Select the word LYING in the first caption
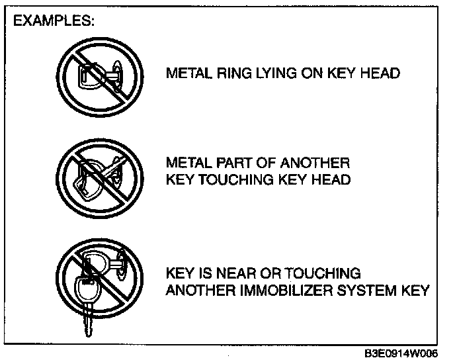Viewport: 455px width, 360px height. (271, 73)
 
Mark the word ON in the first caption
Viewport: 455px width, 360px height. (310, 73)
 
